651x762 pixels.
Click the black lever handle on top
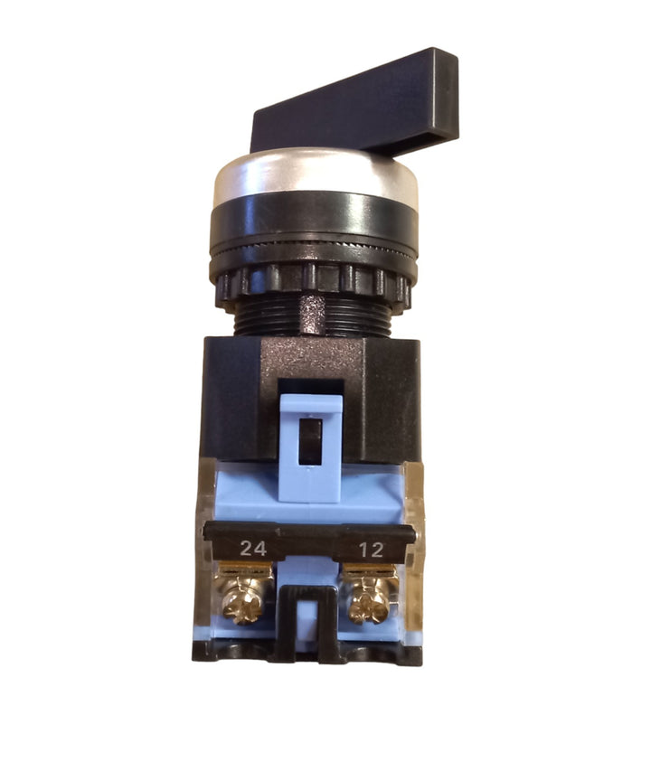click(x=355, y=105)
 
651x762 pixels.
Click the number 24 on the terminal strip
click(x=254, y=549)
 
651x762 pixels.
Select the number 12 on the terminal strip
click(x=372, y=550)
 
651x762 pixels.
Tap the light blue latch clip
click(x=311, y=447)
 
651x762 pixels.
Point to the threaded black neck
click(x=312, y=317)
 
